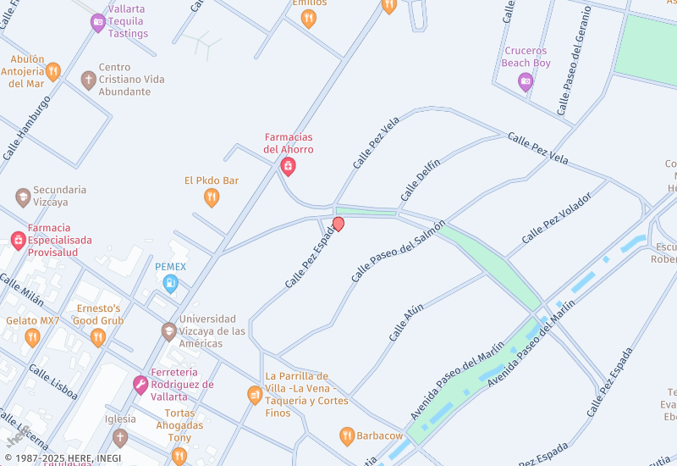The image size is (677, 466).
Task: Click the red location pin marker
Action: tap(338, 224)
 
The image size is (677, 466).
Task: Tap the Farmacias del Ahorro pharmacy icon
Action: tap(288, 166)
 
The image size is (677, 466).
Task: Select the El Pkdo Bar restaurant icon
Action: tap(212, 197)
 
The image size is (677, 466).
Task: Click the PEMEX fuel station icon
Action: tap(170, 284)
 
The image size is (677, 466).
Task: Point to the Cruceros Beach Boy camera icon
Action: tap(525, 81)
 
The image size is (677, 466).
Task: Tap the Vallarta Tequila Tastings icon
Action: tap(98, 22)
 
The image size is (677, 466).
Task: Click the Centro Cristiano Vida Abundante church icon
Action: tap(88, 80)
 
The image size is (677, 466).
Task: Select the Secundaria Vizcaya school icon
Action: tap(23, 197)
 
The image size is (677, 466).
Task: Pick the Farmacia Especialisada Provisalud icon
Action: tap(18, 241)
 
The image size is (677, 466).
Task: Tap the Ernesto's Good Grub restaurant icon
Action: tap(98, 337)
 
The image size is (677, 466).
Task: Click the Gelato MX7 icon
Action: tap(32, 337)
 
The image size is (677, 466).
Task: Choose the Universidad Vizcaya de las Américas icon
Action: tap(169, 331)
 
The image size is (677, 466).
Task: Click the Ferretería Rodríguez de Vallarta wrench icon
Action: tap(140, 385)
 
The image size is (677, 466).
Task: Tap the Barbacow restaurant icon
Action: tap(346, 435)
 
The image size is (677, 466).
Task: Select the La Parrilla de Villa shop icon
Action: tap(254, 395)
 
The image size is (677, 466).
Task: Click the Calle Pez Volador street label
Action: tap(556, 219)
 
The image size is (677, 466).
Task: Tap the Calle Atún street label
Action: tap(406, 324)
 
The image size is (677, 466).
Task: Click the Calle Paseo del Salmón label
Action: tap(398, 251)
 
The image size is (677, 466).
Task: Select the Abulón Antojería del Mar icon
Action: tap(53, 72)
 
